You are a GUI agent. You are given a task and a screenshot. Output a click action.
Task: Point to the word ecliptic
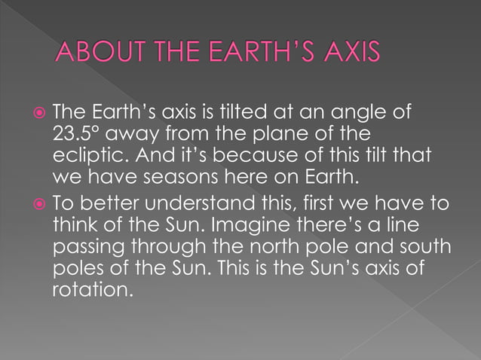click(83, 156)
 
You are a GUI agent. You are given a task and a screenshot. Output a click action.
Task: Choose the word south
click(418, 246)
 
